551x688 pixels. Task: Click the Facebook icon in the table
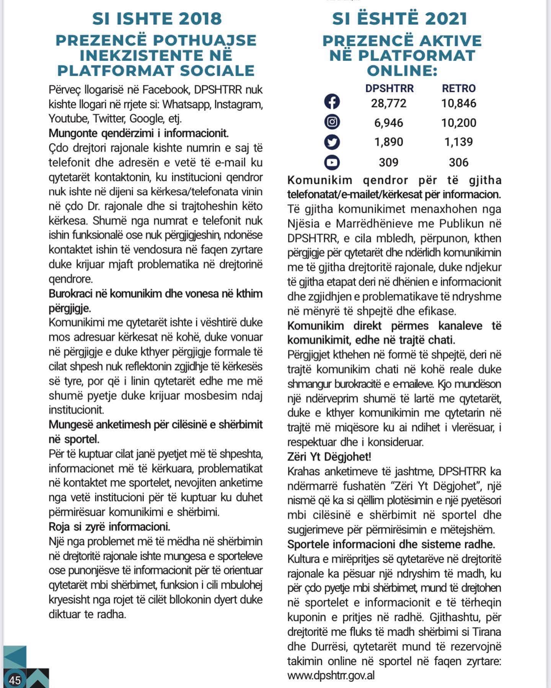click(x=332, y=102)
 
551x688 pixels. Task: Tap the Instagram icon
click(x=332, y=122)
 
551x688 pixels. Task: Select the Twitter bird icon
click(x=332, y=142)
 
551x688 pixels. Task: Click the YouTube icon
click(x=332, y=162)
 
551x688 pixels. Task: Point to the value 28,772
click(x=389, y=103)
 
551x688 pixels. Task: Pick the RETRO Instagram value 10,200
click(x=458, y=123)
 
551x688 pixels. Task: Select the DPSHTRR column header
click(x=389, y=88)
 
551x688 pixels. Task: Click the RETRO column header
click(x=459, y=88)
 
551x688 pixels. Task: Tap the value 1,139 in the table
click(x=458, y=142)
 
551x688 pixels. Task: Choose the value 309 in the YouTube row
click(x=389, y=162)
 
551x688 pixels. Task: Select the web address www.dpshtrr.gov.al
click(x=331, y=675)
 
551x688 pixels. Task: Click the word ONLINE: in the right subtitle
click(x=402, y=71)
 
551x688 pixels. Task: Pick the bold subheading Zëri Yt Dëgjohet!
click(x=329, y=457)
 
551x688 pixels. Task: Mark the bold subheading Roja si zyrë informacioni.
click(x=109, y=527)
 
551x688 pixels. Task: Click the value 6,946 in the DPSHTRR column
click(x=389, y=123)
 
